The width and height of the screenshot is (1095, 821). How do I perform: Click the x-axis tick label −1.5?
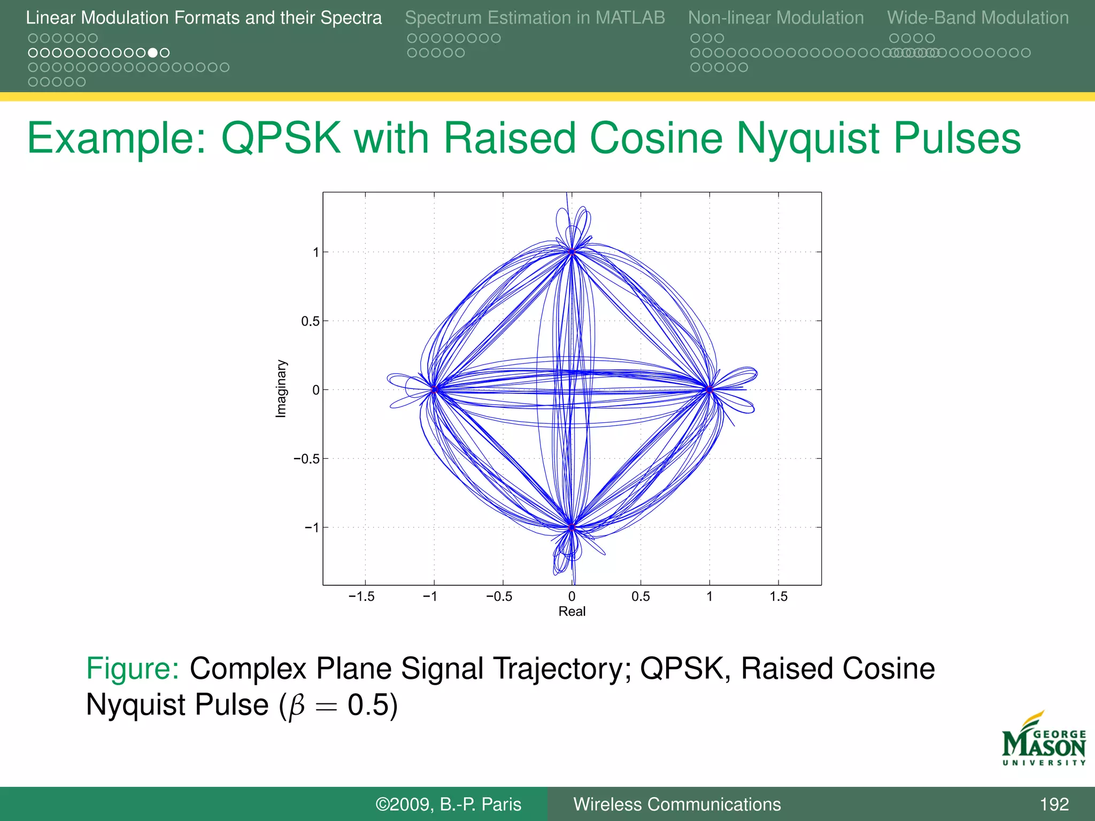click(x=361, y=597)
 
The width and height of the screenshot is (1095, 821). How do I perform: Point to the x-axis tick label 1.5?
click(x=778, y=597)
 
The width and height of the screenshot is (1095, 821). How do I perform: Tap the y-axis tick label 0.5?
click(x=310, y=321)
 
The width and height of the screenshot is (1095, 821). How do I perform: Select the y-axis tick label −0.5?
click(x=306, y=459)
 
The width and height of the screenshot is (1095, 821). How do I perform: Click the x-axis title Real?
click(x=572, y=611)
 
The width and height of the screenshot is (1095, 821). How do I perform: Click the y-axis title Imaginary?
click(x=281, y=389)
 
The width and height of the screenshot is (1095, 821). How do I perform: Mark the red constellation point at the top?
click(x=572, y=252)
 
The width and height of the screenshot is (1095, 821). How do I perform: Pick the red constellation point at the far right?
click(x=710, y=390)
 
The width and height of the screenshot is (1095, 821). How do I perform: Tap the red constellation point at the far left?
click(x=434, y=390)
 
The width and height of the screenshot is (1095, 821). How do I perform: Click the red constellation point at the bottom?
click(x=572, y=528)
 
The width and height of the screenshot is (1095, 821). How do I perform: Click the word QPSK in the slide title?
click(x=281, y=138)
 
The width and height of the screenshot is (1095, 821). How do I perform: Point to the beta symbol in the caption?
click(x=296, y=706)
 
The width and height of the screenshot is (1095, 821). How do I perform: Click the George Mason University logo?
click(x=1044, y=739)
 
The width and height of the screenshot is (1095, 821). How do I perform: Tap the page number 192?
click(x=1054, y=804)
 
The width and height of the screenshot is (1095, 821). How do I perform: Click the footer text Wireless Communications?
click(x=677, y=804)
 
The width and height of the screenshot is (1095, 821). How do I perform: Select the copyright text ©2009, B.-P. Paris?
click(x=448, y=804)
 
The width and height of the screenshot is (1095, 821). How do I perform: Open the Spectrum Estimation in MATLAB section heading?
click(x=535, y=18)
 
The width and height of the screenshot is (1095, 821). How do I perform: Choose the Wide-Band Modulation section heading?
click(x=978, y=18)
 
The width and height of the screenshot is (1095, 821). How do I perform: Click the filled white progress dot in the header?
click(x=153, y=53)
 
